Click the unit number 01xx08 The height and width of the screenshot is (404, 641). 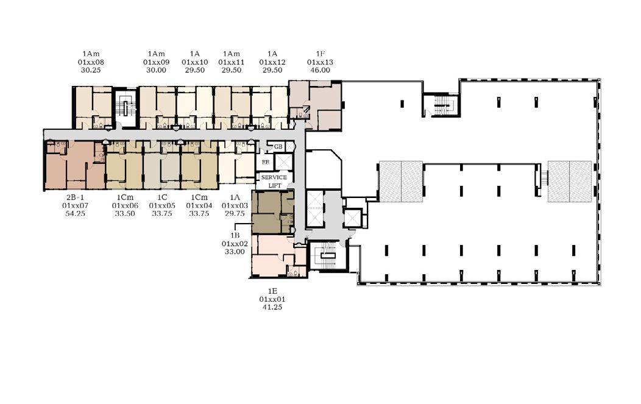[91, 62]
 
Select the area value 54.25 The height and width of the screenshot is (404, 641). [75, 213]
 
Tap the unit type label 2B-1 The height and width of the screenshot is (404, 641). [75, 197]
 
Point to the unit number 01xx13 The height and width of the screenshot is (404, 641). [320, 62]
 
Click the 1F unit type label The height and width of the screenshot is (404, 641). [320, 54]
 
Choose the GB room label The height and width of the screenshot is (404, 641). [278, 147]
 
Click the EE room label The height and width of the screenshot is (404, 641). [265, 162]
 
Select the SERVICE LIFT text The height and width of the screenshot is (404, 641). [274, 181]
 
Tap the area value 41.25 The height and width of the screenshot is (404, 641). [272, 307]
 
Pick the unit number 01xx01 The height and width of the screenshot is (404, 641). [272, 299]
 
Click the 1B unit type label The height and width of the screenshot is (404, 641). [235, 236]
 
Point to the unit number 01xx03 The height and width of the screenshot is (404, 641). [235, 206]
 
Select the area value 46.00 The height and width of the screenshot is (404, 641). [320, 70]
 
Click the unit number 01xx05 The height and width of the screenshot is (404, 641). [162, 206]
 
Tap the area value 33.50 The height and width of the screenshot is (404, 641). [125, 213]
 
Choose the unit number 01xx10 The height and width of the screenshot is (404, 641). [194, 62]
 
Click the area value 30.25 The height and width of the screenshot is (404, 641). [91, 70]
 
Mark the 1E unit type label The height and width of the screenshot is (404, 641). [272, 291]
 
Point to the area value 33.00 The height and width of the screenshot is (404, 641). [235, 252]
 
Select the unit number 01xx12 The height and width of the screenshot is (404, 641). [272, 62]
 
